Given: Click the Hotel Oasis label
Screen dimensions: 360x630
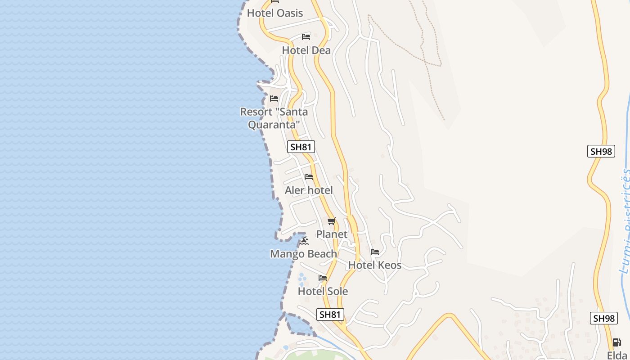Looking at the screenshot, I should (x=275, y=13).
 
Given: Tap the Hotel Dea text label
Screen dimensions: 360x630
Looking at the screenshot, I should (x=306, y=50).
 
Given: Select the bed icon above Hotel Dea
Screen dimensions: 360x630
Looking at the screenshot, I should (x=306, y=36).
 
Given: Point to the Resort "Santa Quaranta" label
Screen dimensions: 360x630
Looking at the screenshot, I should (x=274, y=118).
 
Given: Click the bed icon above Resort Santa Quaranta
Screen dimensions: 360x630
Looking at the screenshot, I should (x=274, y=98).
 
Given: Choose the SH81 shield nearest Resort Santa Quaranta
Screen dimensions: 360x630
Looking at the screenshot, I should (x=301, y=147).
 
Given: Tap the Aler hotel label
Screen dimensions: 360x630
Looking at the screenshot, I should (x=309, y=190).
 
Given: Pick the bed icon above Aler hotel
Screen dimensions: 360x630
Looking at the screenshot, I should (x=309, y=177).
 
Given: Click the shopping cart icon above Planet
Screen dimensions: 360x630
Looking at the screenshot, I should (x=332, y=221).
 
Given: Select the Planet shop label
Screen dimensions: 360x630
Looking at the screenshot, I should (x=332, y=234).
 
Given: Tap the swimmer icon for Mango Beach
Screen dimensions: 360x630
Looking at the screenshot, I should (x=305, y=241).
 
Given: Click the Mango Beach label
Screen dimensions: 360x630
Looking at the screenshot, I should (x=303, y=254).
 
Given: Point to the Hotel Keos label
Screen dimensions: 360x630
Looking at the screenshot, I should (x=375, y=265).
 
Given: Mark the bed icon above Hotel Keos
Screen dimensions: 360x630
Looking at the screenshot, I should (x=375, y=252).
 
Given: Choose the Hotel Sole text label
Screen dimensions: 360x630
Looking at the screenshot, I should (x=323, y=291).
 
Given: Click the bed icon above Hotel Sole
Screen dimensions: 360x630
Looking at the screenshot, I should (x=323, y=278).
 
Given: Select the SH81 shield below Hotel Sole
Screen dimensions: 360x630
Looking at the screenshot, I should (x=330, y=315).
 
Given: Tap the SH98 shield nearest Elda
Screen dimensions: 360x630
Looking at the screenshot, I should (x=603, y=318).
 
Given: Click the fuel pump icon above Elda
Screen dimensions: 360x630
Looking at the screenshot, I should (x=616, y=342).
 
